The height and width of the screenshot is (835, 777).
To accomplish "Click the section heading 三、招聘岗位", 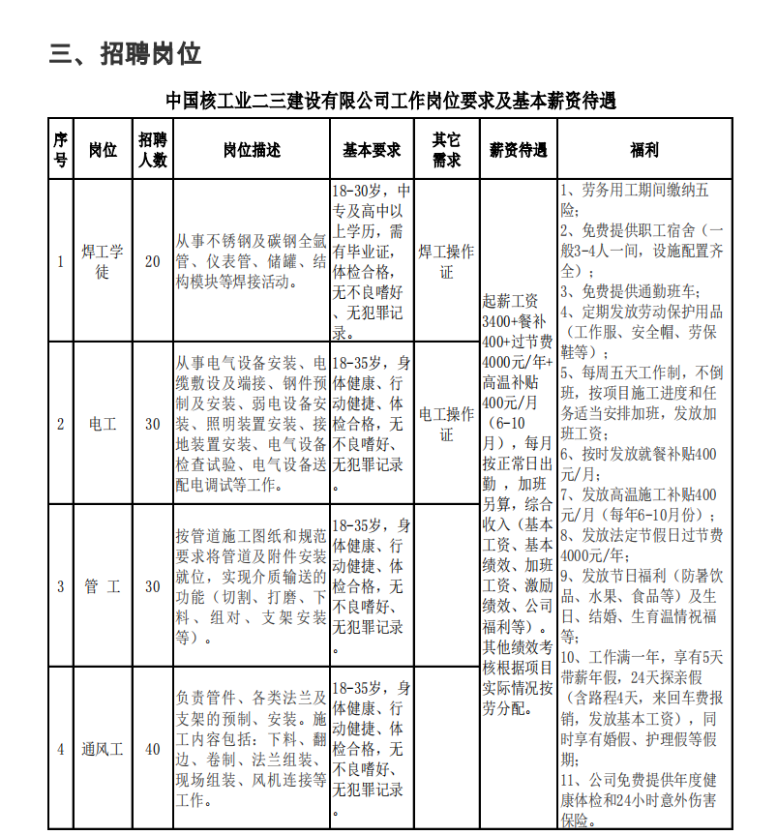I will point(125,54).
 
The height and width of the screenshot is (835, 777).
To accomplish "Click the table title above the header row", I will point(390,101).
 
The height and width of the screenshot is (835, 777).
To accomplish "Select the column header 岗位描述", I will point(252,150).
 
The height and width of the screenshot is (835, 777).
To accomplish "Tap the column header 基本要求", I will point(372,150).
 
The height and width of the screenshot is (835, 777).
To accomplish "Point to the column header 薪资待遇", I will point(518,150).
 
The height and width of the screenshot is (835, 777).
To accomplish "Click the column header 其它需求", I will point(446,150).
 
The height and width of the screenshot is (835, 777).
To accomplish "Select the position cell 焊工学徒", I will point(103,261).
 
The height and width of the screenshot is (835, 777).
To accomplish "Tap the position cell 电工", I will point(103,424).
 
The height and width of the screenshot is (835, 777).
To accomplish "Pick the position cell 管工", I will point(103,586).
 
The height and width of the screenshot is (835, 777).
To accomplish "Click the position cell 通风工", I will point(103,749).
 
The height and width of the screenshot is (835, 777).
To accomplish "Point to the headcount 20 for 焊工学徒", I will point(153,261).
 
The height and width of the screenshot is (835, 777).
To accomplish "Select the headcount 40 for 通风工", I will point(153,749).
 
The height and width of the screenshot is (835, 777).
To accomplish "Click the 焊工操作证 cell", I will point(446,261).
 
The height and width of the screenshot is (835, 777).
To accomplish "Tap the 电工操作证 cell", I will point(446,424).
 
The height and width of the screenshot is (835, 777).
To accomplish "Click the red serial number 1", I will point(60,261).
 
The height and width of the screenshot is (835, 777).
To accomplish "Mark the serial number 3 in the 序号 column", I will point(60,586).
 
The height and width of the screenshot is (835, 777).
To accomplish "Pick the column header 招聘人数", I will point(153,150).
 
